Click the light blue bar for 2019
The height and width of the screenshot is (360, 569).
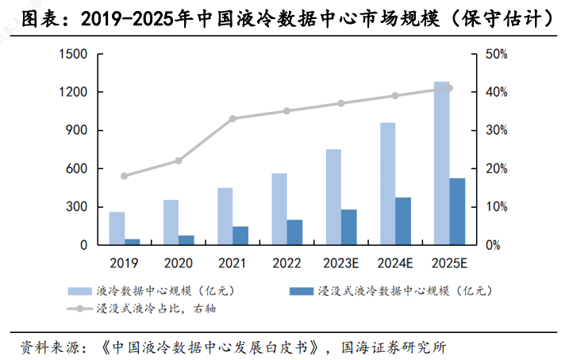click(117, 228)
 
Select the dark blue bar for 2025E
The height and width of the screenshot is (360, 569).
click(457, 212)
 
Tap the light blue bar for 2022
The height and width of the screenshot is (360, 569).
click(279, 209)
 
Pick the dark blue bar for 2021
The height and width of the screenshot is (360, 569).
click(240, 236)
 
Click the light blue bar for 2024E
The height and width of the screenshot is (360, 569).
click(388, 184)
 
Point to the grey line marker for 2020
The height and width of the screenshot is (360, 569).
click(178, 161)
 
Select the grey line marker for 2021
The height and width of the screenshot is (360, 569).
click(233, 119)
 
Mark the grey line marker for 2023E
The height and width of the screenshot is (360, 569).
click(341, 103)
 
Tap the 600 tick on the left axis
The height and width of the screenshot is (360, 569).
click(75, 169)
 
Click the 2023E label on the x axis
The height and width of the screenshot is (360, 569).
click(341, 262)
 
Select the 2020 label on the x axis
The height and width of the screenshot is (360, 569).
click(178, 262)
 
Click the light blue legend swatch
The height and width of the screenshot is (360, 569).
click(80, 291)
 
